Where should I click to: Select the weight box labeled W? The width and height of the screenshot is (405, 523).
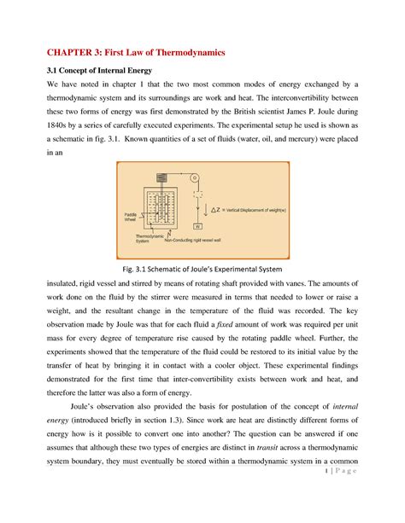coord(197,226)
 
